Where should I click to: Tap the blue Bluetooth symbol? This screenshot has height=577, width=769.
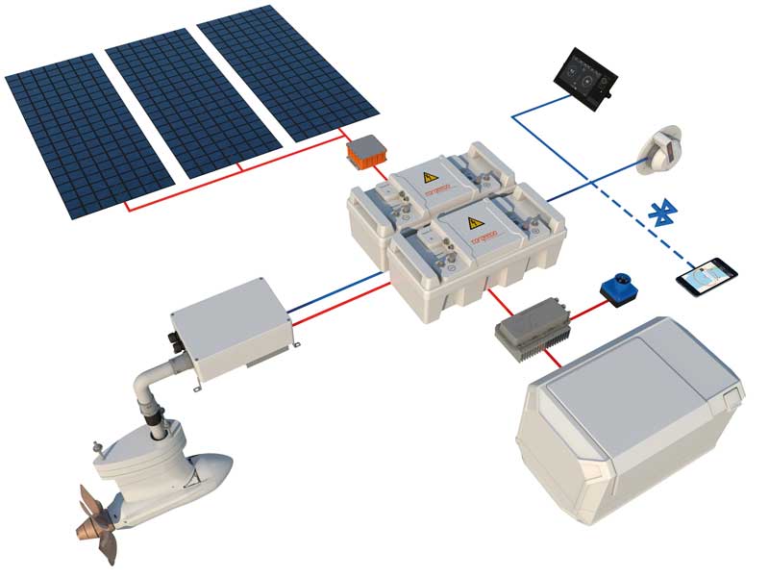660,213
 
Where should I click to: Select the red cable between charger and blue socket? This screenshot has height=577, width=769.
587,305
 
